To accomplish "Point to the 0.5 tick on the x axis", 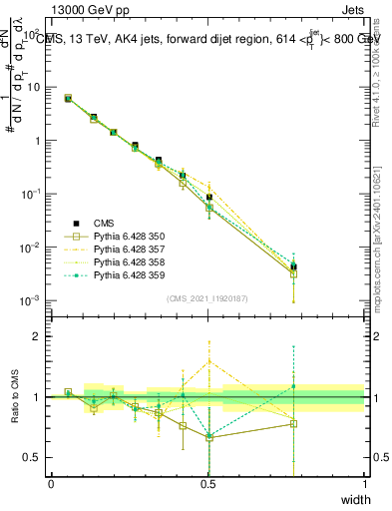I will coord(208,483).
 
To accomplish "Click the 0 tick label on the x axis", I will coord(52,483).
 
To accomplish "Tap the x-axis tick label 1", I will coord(365,483).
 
